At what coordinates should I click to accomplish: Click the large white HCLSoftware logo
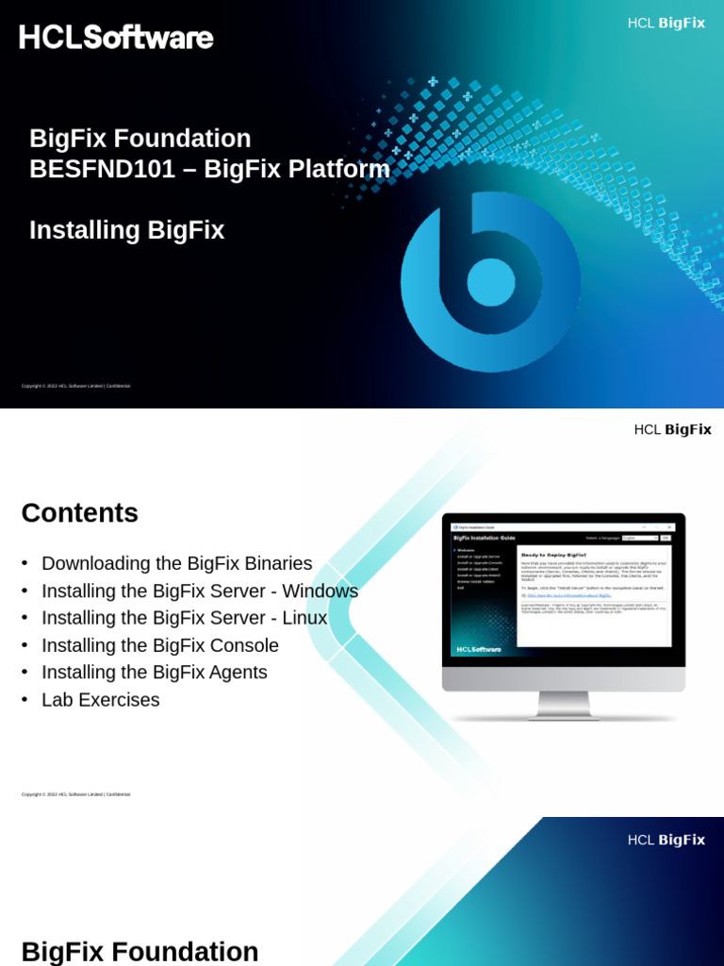(x=116, y=38)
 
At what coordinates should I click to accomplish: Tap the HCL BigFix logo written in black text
(x=672, y=429)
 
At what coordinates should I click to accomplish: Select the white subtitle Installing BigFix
(x=126, y=230)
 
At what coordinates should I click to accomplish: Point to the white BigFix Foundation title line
(x=140, y=139)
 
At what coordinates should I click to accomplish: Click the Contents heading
(x=79, y=513)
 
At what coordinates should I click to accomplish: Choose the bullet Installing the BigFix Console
(x=159, y=645)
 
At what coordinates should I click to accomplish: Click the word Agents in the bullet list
(x=239, y=673)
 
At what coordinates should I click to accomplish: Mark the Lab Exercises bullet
(x=100, y=700)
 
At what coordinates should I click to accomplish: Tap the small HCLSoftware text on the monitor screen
(x=479, y=649)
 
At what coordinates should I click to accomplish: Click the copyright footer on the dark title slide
(x=75, y=386)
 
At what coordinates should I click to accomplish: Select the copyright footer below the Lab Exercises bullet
(x=75, y=794)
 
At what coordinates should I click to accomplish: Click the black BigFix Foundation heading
(x=140, y=951)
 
